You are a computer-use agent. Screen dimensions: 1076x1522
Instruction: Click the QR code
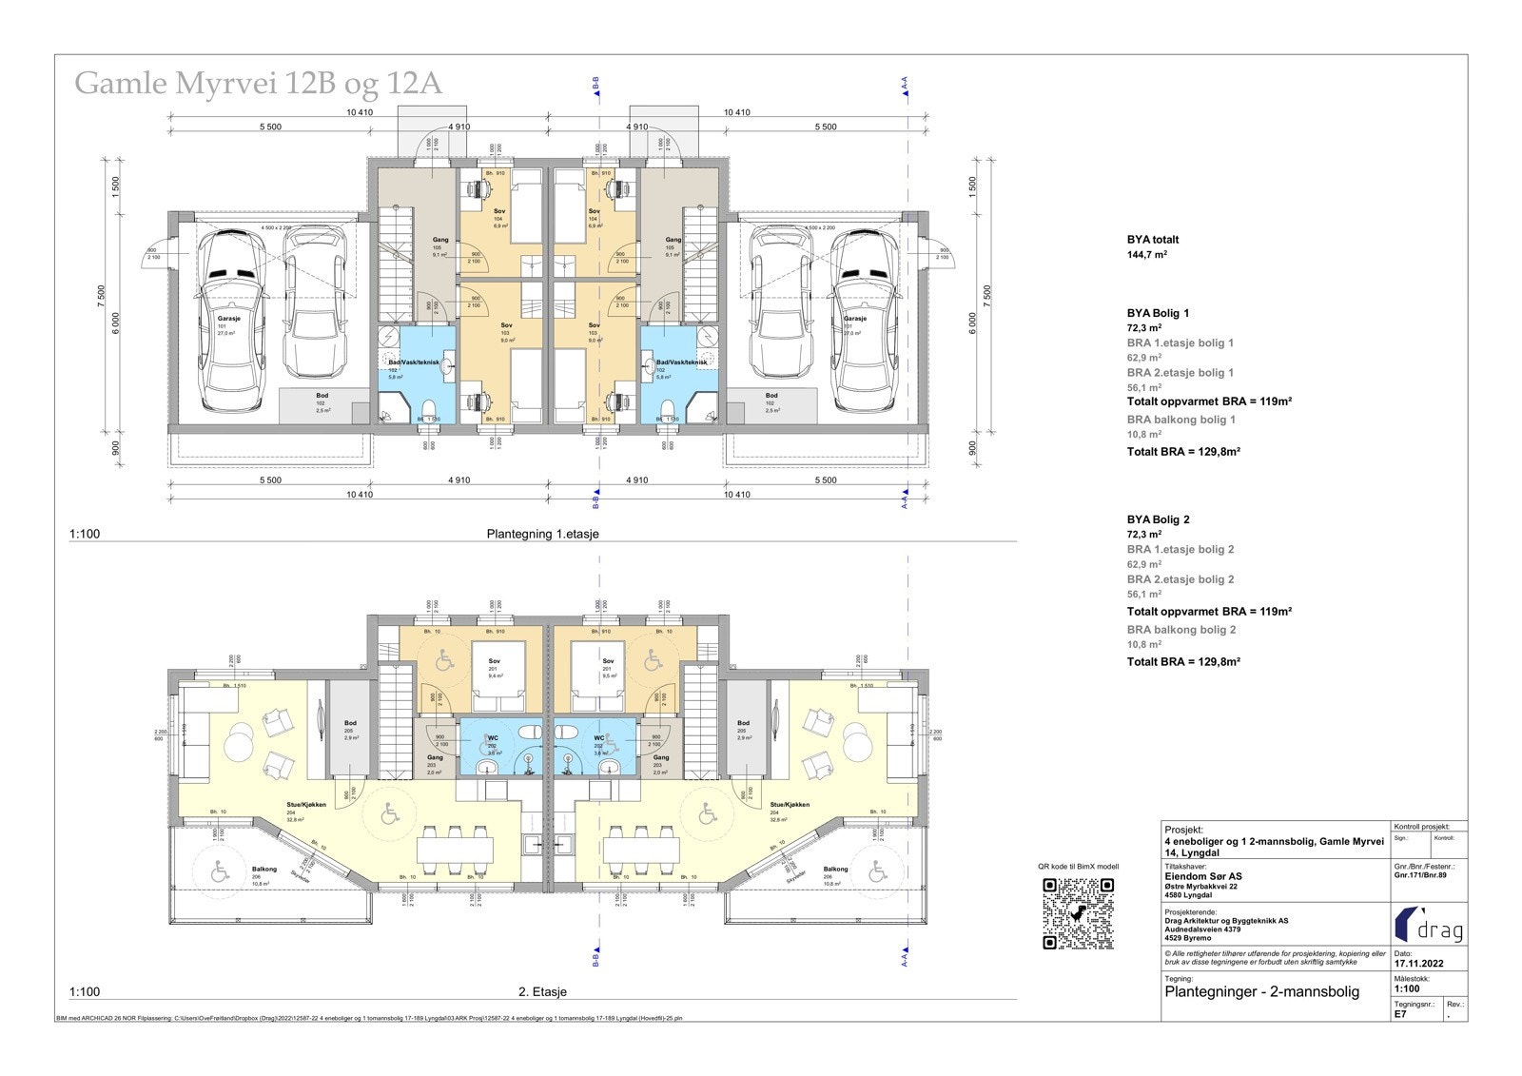tap(1078, 913)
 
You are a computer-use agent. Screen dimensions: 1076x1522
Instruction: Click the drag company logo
tap(1429, 924)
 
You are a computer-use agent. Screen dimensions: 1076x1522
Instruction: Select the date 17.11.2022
tap(1418, 963)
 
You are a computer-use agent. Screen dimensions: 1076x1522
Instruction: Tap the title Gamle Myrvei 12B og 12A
tap(258, 84)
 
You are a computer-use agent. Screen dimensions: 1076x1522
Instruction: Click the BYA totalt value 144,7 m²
tap(1147, 255)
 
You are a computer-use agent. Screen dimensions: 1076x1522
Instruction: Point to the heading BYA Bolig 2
tap(1158, 519)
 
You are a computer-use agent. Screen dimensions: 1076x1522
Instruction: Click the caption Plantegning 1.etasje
tap(542, 534)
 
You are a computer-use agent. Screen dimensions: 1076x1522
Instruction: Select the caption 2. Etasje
tap(542, 991)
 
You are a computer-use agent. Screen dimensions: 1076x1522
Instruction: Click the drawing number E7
tap(1400, 1014)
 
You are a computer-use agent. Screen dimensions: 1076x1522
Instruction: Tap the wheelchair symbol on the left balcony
tap(220, 871)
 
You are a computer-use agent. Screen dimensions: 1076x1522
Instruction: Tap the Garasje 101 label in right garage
tap(854, 324)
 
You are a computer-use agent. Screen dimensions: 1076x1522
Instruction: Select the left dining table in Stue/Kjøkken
tap(456, 847)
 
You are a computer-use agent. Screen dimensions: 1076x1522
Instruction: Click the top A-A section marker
tap(905, 88)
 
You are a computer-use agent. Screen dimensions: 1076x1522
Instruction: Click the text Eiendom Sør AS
tap(1202, 876)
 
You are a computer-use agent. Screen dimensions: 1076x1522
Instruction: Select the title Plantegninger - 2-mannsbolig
tap(1261, 991)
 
